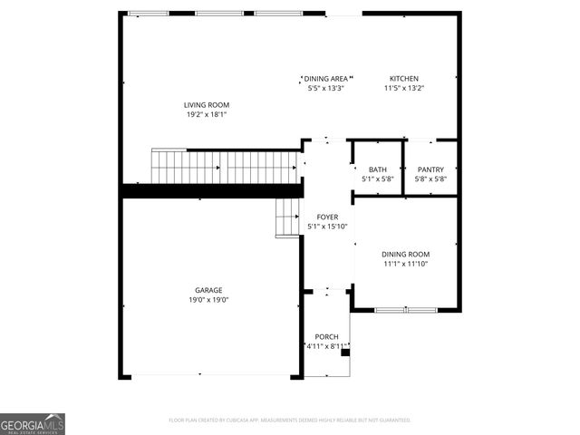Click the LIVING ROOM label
pos(207,105)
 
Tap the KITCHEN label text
pos(404,79)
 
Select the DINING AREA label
pos(325,79)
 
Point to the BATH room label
pos(377,169)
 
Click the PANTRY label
pos(430,169)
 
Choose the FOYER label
pos(326,217)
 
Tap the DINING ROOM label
pos(405,255)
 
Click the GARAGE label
pos(208,290)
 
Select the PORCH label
pos(325,336)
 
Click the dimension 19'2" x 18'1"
pos(207,115)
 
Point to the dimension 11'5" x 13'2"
pos(404,88)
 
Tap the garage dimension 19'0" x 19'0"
pos(208,299)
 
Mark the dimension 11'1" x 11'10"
pos(405,264)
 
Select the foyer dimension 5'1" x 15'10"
pos(326,227)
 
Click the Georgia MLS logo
pos(33,424)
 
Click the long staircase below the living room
pos(224,167)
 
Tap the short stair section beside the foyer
pos(287,218)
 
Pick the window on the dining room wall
pos(406,310)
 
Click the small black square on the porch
pos(344,353)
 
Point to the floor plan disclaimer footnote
pos(290,420)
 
